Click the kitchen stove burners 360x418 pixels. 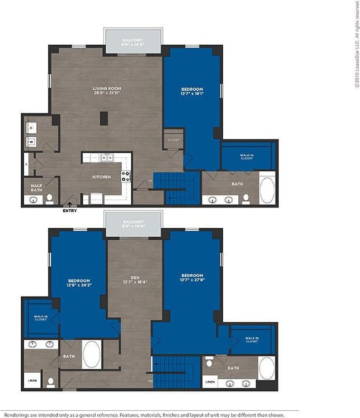click(x=126, y=176)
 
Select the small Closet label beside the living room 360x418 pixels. click(x=173, y=140)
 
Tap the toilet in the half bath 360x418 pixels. click(x=49, y=199)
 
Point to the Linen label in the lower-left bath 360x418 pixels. click(x=31, y=381)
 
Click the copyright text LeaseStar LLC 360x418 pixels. click(x=356, y=45)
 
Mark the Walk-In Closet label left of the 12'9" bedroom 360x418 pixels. click(x=40, y=319)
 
